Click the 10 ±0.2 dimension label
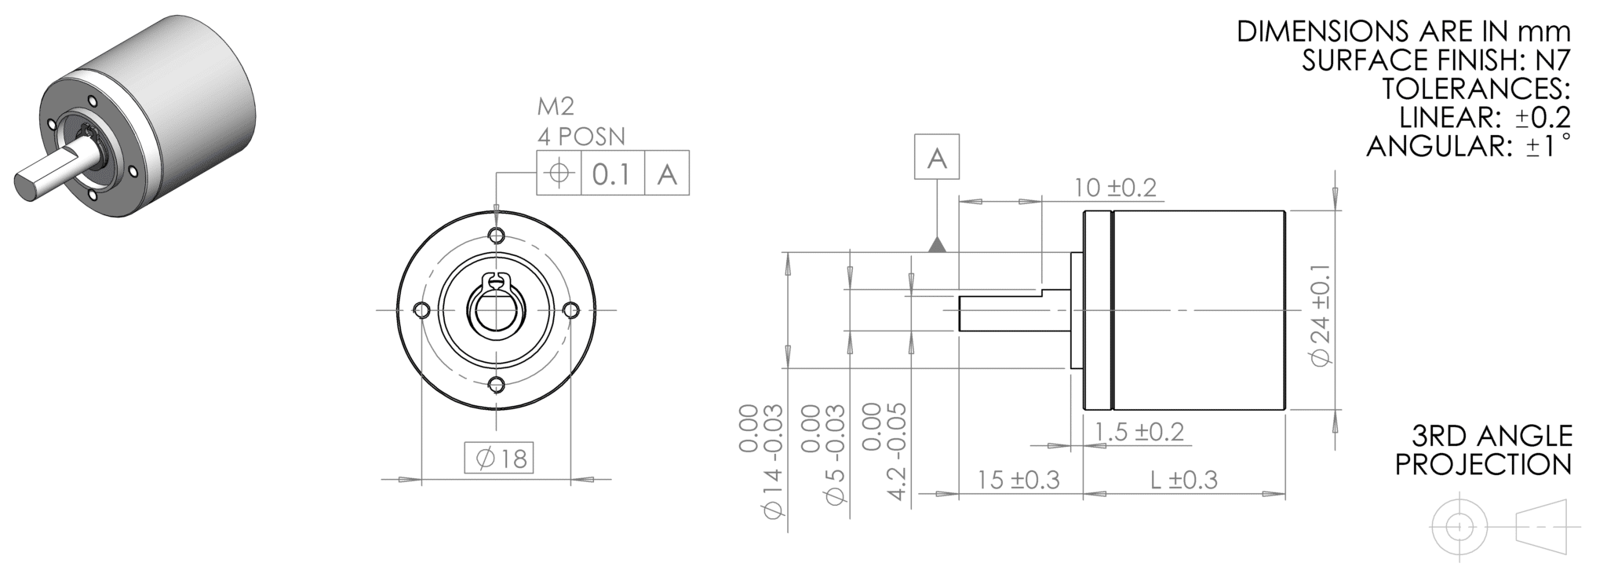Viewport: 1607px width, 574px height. [x=1115, y=188]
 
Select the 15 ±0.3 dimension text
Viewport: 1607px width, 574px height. [x=1018, y=479]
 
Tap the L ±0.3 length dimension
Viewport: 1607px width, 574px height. [x=1184, y=479]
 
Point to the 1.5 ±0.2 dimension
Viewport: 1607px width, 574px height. [x=1139, y=431]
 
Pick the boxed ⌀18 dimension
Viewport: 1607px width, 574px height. [x=498, y=457]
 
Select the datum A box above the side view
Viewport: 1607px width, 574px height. [x=937, y=157]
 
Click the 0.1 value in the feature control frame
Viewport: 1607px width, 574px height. [x=612, y=173]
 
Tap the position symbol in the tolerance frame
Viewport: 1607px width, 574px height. [x=558, y=172]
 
